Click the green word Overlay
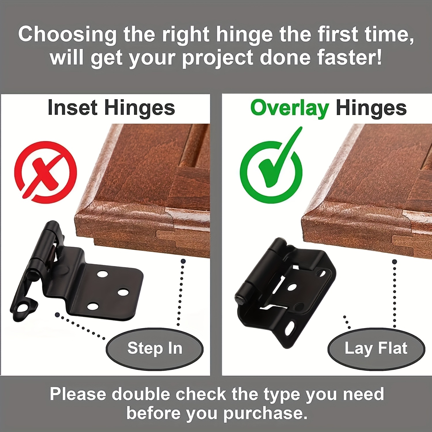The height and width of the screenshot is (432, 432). click(x=290, y=109)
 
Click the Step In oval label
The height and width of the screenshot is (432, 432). click(x=155, y=348)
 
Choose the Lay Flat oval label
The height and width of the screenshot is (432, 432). click(x=376, y=348)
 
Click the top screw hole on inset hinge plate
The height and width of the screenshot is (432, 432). click(x=102, y=273)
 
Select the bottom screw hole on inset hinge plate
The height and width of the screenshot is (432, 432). click(x=93, y=306)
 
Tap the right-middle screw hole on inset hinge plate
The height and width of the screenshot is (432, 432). click(x=123, y=292)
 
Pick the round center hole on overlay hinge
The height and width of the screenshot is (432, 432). click(x=292, y=287)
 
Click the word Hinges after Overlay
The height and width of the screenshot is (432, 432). click(x=371, y=109)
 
